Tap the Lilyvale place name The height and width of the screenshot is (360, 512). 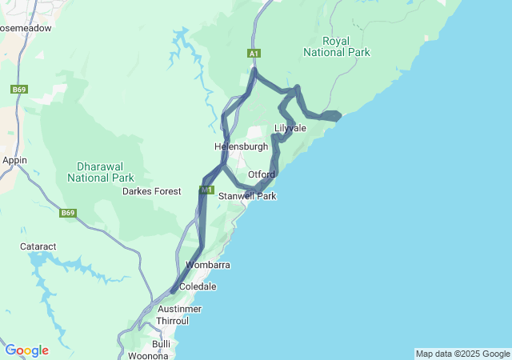point(291,128)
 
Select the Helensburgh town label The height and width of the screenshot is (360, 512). point(240,147)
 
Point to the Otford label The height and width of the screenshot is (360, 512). point(262,174)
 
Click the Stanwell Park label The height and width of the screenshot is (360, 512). point(247,196)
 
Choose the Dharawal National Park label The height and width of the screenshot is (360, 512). point(101,172)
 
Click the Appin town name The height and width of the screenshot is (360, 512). point(15,160)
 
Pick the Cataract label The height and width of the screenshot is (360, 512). point(38,247)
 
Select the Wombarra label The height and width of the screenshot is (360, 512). point(207,265)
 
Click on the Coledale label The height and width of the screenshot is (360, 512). point(198,286)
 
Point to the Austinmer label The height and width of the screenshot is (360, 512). point(180,309)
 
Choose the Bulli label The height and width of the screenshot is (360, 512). point(161,343)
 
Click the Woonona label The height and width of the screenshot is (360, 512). point(149,355)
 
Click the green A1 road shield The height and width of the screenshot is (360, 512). point(254,54)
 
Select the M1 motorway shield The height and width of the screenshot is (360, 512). point(206,190)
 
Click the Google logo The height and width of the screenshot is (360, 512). point(27,350)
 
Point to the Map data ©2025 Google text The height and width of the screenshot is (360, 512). point(462,354)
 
